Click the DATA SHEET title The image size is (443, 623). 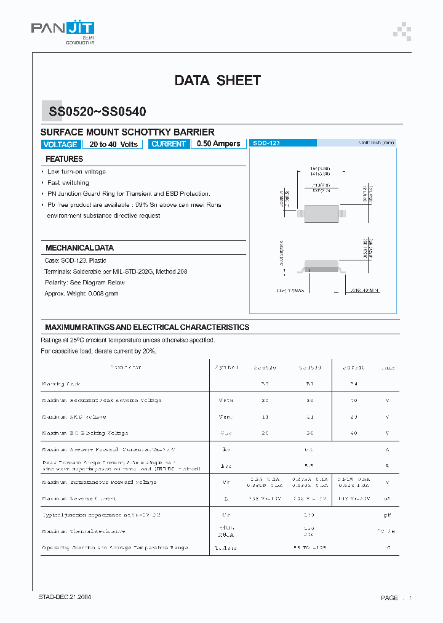coord(217,80)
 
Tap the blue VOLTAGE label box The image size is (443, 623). coord(60,144)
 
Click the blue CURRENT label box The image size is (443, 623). coord(168,143)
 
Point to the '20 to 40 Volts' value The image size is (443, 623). coord(113,144)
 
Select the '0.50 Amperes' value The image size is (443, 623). coord(218,143)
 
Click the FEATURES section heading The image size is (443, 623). coord(64,159)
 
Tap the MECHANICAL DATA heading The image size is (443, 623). coord(79,247)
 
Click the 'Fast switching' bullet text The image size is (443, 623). coord(68,183)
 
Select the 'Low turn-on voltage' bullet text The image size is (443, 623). coord(76,172)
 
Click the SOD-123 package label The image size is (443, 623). coord(266,143)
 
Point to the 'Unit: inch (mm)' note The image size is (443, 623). coord(377,143)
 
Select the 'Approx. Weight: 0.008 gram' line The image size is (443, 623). coord(81,294)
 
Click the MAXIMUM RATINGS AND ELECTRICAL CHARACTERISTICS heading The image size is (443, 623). coord(147,327)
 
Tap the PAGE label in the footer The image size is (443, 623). coord(389,598)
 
